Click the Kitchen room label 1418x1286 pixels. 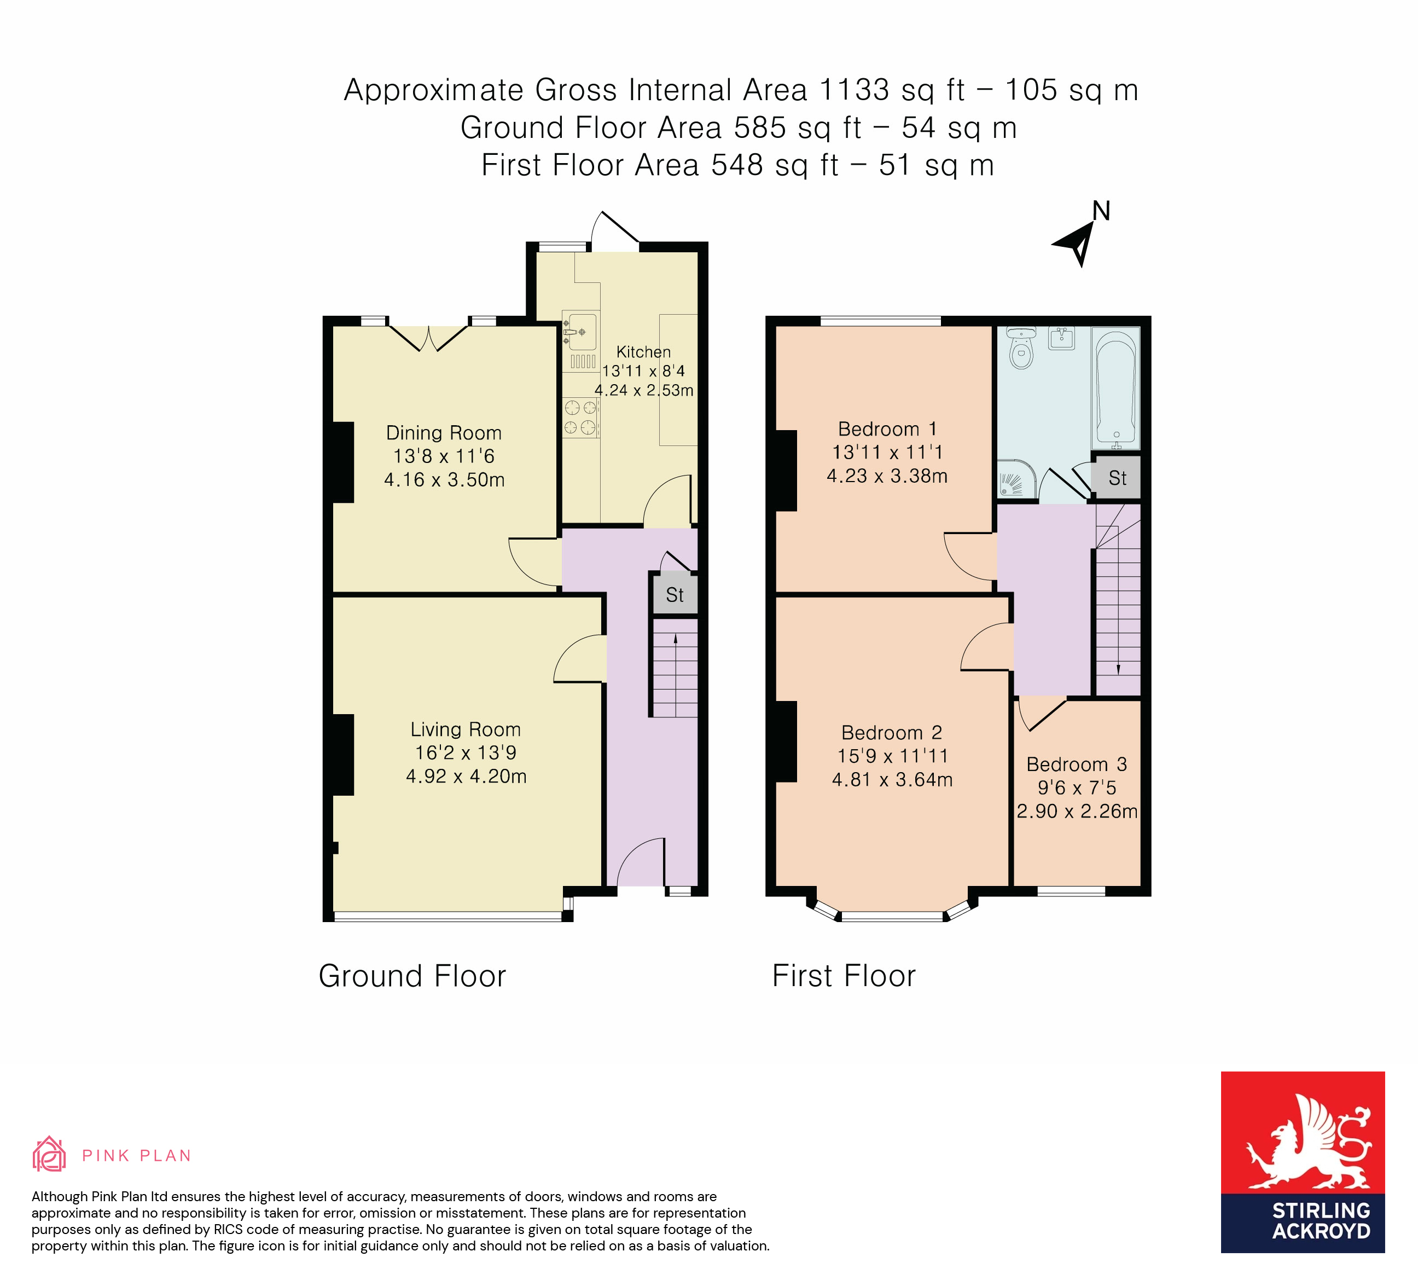tap(643, 352)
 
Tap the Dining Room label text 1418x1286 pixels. tap(444, 433)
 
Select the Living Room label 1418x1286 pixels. tap(466, 729)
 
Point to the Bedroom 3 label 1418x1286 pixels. tap(1077, 764)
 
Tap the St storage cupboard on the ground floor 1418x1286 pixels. tap(675, 595)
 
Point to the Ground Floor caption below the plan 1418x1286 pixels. tap(412, 976)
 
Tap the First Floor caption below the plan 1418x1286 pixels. tap(844, 976)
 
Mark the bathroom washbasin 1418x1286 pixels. tap(1061, 338)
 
